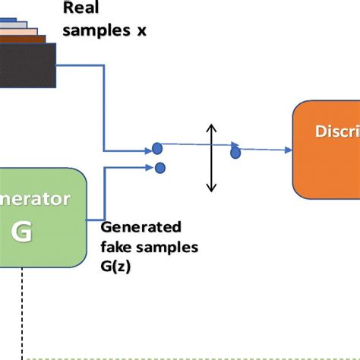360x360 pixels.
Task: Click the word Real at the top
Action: pyautogui.click(x=79, y=9)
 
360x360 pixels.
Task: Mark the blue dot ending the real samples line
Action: pyautogui.click(x=156, y=148)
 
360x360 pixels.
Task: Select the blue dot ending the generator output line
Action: pyautogui.click(x=159, y=168)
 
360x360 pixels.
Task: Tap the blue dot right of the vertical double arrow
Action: pyautogui.click(x=235, y=152)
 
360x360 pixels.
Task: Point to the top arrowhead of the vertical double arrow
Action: pyautogui.click(x=212, y=127)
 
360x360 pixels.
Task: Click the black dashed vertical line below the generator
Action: pyautogui.click(x=24, y=311)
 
